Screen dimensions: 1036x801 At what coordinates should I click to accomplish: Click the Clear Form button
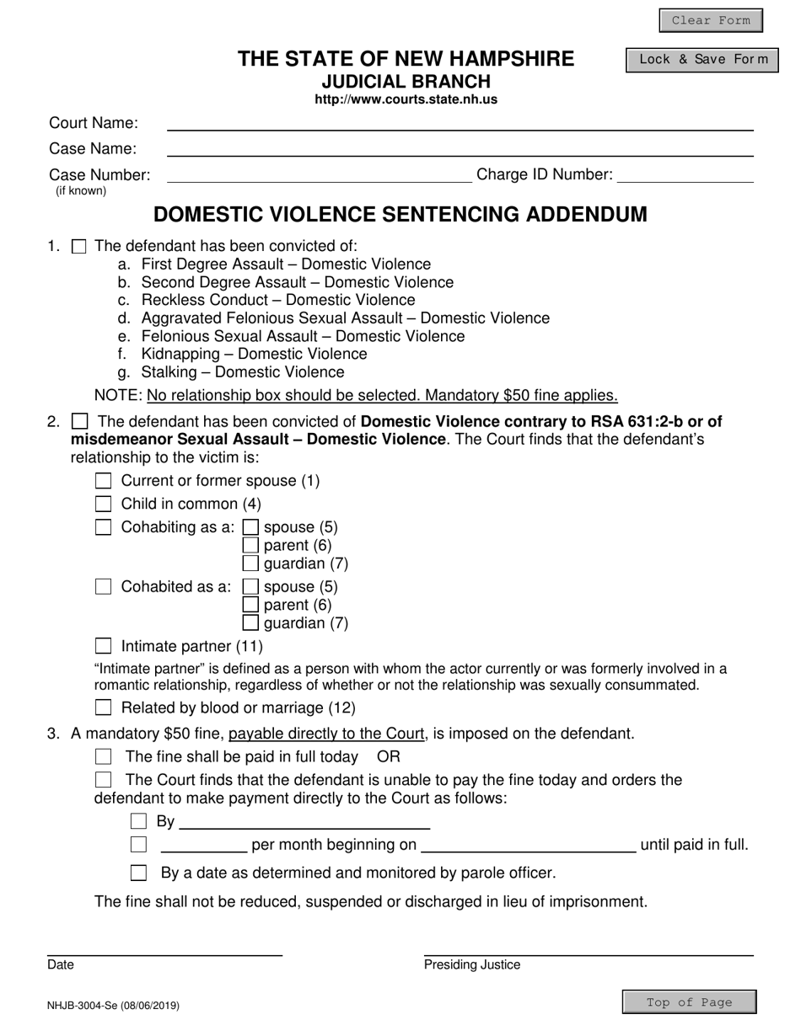coord(710,20)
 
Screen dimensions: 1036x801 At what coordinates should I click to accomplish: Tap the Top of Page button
coord(688,1002)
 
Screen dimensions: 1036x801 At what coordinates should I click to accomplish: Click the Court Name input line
coord(460,123)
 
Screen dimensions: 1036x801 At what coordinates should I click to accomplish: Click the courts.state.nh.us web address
coord(406,99)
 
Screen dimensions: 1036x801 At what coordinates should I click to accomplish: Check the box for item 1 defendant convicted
coord(79,247)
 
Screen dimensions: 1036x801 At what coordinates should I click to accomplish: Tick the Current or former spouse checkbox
coord(103,481)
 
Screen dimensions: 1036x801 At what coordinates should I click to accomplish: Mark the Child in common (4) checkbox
coord(103,504)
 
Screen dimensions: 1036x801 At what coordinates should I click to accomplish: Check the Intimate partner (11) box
coord(103,646)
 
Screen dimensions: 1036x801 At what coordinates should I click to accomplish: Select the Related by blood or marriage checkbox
coord(103,708)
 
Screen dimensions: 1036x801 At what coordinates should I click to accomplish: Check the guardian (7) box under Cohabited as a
coord(250,623)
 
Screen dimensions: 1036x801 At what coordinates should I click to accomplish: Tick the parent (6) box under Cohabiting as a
coord(250,545)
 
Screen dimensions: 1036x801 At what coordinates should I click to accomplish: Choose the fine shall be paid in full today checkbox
coord(103,756)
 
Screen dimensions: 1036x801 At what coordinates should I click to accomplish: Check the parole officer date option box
coord(138,873)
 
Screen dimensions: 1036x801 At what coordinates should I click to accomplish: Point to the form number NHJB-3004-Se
coord(113,1005)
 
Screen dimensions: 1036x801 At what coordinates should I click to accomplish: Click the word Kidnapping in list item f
coord(186,354)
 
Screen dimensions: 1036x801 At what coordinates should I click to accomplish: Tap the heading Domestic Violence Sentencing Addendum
coord(400,215)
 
